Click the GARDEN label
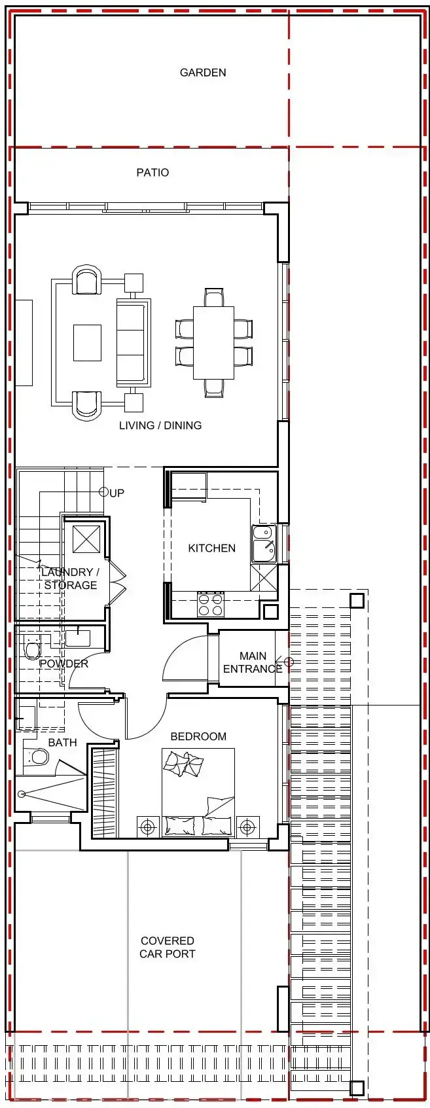(203, 73)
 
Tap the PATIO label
(152, 173)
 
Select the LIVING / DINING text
(160, 425)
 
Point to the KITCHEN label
(212, 548)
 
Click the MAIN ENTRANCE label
(253, 662)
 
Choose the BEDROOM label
(198, 736)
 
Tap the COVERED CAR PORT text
(168, 947)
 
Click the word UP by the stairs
(116, 493)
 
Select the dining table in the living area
(214, 343)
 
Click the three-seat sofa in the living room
(133, 342)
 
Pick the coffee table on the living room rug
(88, 343)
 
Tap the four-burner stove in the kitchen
(211, 605)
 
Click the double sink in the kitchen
(264, 544)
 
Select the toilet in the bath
(37, 757)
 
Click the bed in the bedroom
(198, 793)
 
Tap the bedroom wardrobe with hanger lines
(104, 793)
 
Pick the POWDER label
(64, 664)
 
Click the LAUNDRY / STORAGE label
(70, 579)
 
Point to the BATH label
(62, 742)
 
